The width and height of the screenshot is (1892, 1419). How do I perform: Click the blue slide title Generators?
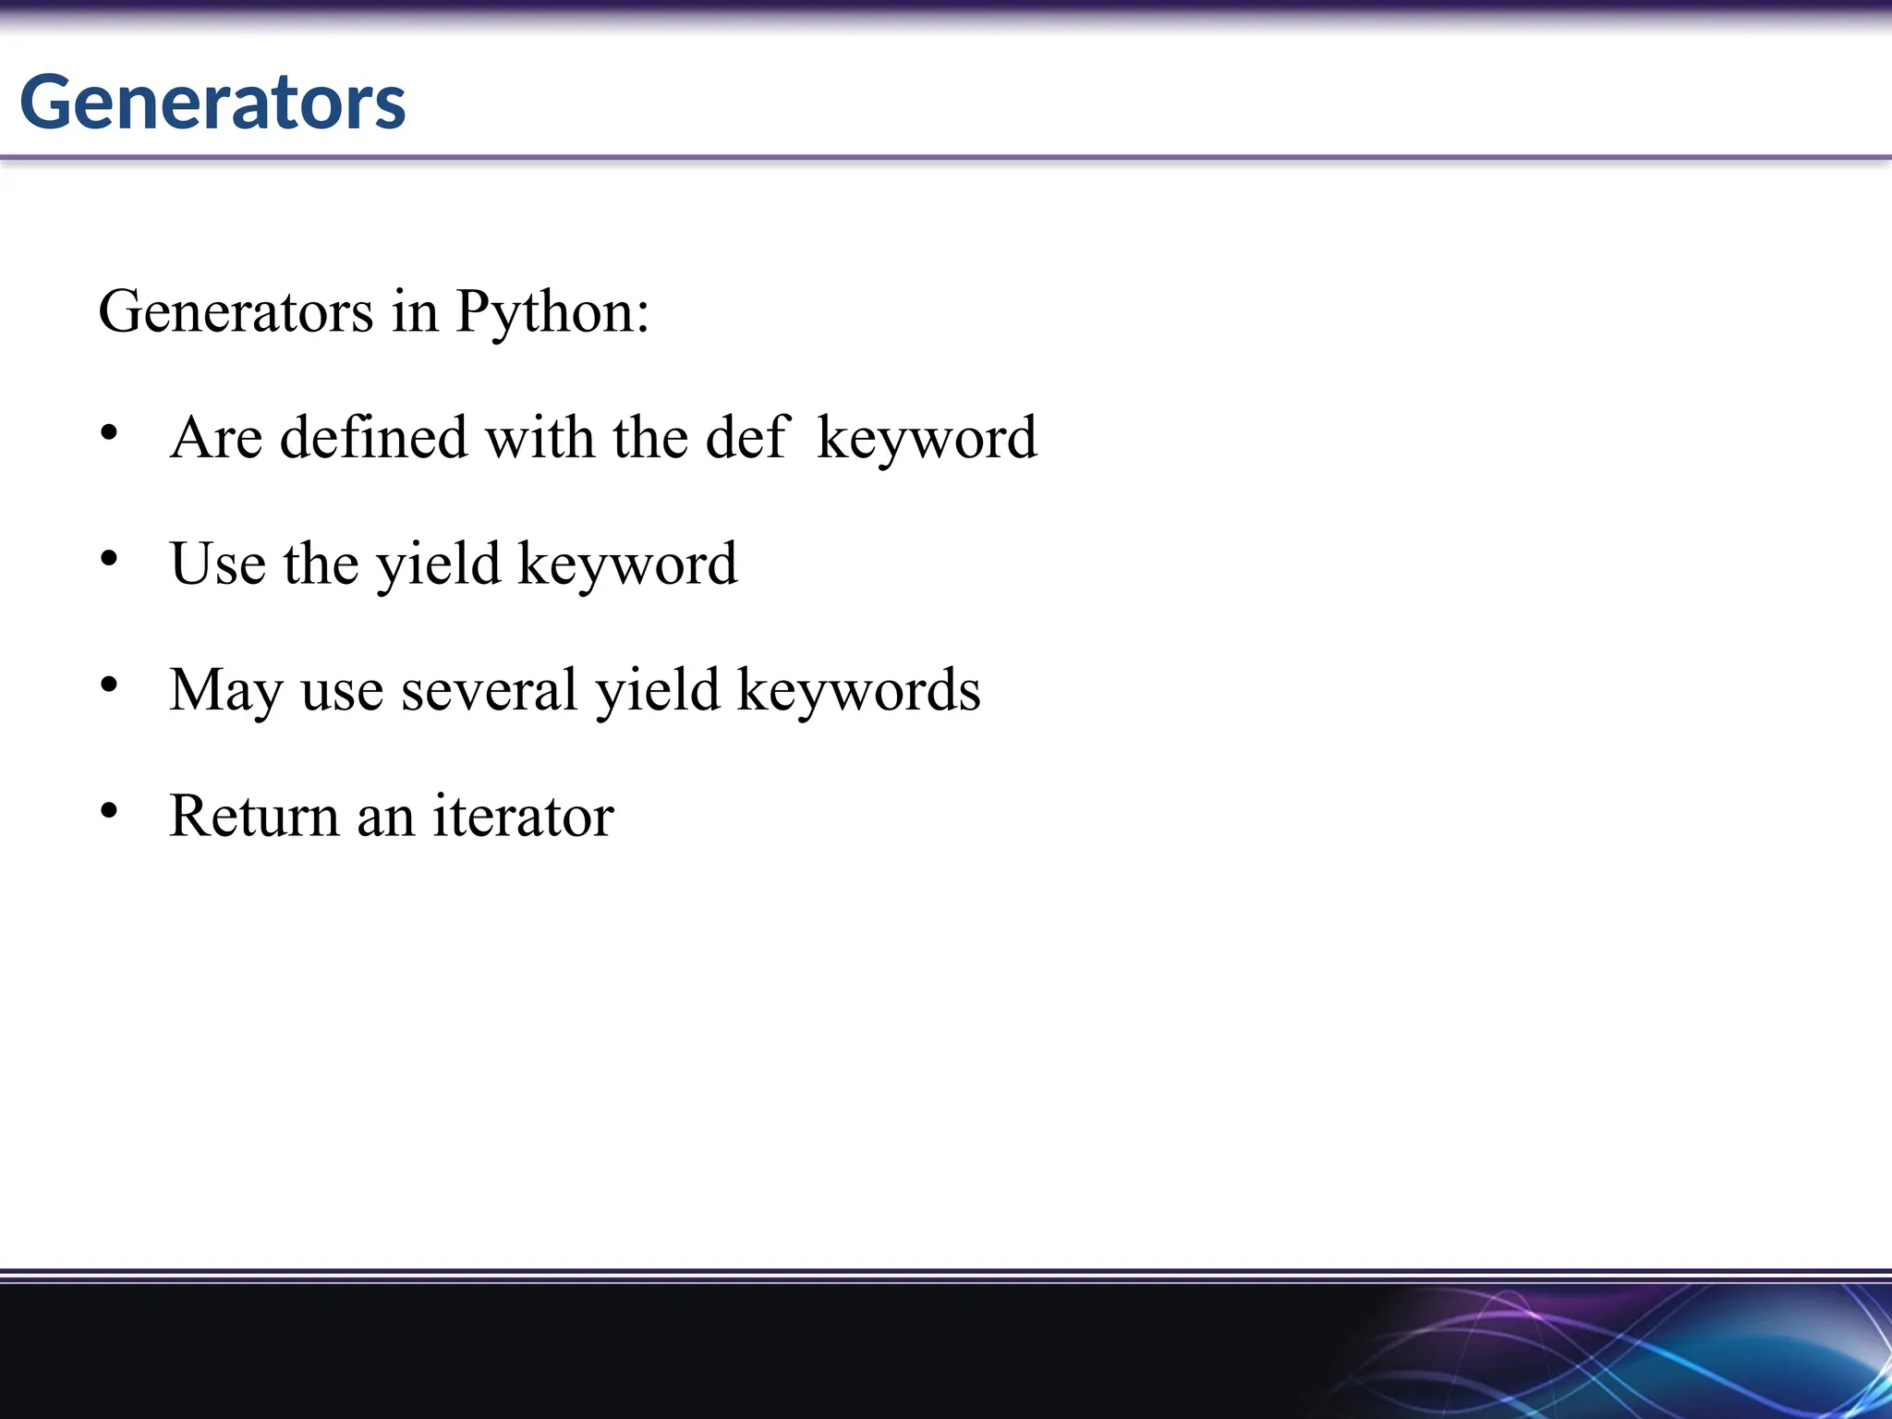(212, 102)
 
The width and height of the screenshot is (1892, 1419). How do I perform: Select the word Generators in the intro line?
(236, 312)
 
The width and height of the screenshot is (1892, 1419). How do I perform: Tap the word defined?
(373, 437)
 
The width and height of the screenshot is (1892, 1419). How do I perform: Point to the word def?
(746, 437)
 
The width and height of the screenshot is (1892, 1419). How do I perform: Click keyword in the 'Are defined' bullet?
(927, 439)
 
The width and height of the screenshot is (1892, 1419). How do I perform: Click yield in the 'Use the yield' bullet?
(438, 564)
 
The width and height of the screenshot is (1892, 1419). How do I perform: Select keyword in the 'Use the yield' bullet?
(627, 564)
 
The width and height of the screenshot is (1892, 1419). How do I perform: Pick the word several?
(489, 690)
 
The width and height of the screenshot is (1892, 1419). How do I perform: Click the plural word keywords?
(858, 690)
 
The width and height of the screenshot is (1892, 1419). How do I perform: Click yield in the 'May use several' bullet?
(657, 690)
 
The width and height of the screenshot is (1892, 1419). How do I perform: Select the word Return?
(254, 816)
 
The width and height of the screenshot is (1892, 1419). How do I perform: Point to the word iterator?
(523, 816)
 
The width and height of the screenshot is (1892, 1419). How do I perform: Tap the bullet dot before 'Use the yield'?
(109, 559)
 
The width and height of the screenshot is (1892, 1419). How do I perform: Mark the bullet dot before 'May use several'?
(109, 685)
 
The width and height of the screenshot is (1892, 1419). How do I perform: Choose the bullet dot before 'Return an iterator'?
(109, 811)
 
